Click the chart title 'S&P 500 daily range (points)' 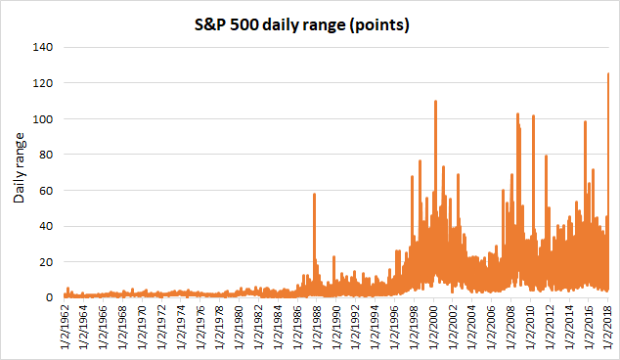302,24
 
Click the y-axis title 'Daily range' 19,167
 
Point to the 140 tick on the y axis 43,47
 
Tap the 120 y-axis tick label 43,83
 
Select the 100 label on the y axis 43,119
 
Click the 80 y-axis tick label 46,155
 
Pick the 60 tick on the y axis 46,191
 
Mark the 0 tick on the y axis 50,297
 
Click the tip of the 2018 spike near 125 608,73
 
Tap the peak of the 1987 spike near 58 314,194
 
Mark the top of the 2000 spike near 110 435,102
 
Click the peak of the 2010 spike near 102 533,115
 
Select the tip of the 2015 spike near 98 585,122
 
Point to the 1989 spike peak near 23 333,256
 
